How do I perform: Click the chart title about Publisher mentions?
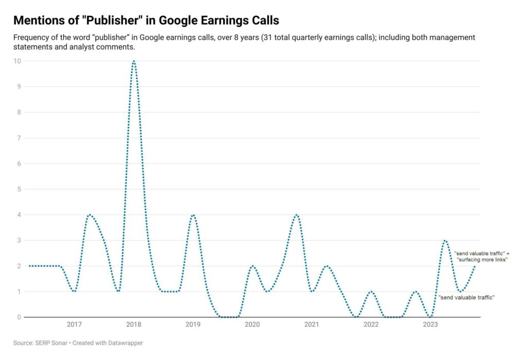146,21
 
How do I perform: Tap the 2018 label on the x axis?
134,325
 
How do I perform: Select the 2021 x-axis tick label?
311,325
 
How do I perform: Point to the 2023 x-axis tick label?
430,325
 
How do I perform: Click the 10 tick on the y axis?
19,61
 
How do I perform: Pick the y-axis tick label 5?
20,189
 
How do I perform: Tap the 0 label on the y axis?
20,317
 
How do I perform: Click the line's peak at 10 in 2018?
134,61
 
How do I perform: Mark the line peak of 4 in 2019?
193,215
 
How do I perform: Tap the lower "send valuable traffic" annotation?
466,297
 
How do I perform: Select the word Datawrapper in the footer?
123,343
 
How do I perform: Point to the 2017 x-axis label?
74,325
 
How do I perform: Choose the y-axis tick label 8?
20,113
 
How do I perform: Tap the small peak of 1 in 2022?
371,292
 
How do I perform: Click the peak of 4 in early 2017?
90,215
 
